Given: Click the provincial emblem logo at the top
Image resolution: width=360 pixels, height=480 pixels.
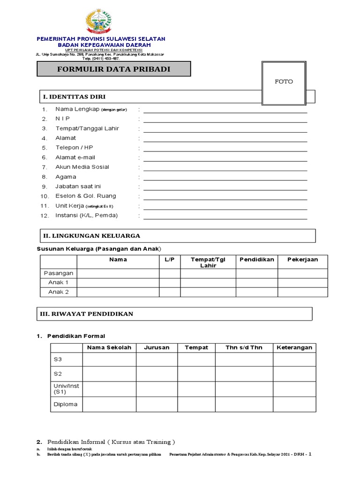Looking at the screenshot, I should [x=99, y=22].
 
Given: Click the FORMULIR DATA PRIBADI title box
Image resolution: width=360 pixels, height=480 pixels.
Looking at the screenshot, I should [x=114, y=69].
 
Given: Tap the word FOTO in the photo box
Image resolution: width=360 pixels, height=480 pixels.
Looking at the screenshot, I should [x=284, y=82].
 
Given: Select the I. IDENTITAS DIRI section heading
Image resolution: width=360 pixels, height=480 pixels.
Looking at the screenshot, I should [x=75, y=97].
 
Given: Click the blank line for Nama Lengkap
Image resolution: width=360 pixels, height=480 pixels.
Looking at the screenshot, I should [x=225, y=110].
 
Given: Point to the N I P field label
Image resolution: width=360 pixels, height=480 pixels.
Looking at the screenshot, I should [x=62, y=119].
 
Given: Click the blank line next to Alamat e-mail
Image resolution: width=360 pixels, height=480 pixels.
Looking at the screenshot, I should [x=225, y=158].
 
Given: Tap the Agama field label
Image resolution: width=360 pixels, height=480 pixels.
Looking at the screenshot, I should [x=66, y=177].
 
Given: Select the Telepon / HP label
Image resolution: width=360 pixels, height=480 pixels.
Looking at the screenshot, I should [x=74, y=148].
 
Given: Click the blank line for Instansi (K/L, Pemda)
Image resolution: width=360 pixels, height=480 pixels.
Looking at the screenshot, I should [x=225, y=217].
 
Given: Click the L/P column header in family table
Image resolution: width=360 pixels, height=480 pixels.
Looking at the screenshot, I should [x=169, y=259].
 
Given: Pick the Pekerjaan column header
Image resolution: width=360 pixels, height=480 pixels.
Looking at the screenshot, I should [x=302, y=259].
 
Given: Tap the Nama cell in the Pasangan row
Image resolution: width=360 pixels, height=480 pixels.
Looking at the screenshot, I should [x=118, y=273].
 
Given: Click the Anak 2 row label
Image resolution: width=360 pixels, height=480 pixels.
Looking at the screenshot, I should [x=59, y=292].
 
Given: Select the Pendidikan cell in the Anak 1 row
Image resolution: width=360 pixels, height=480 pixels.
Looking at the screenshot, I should [x=256, y=283].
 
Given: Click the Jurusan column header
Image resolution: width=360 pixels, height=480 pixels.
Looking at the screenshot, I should [x=157, y=347].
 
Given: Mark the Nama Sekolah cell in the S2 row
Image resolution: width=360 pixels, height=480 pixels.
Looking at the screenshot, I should [x=109, y=374].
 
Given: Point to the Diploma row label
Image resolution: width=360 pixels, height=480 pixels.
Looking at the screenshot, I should [x=66, y=404].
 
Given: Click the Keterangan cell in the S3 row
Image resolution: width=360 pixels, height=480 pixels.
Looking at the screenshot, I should [x=294, y=359].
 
